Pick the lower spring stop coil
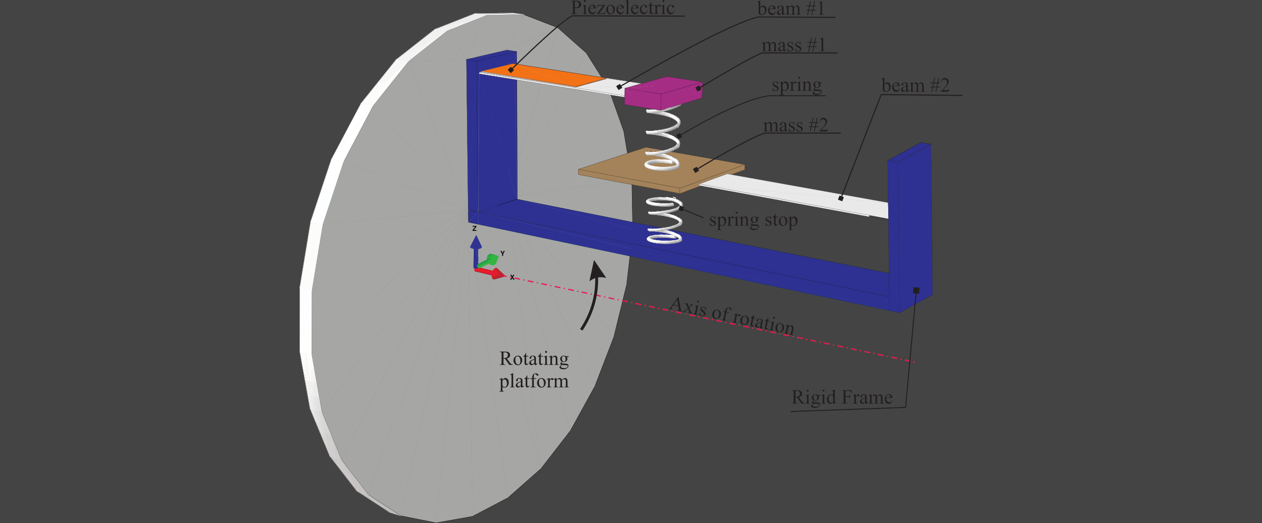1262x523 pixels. [x=664, y=220]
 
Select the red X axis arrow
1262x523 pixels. [x=492, y=273]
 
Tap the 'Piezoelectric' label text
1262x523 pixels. [x=623, y=8]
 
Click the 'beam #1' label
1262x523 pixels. [x=791, y=9]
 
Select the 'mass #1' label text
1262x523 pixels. [x=794, y=45]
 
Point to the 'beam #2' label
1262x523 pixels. [x=915, y=85]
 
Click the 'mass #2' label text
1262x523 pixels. [x=796, y=125]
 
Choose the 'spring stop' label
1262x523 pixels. [x=753, y=220]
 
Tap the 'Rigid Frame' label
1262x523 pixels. [x=842, y=397]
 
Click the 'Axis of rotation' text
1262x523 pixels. [x=731, y=316]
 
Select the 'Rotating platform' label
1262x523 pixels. [x=534, y=370]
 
